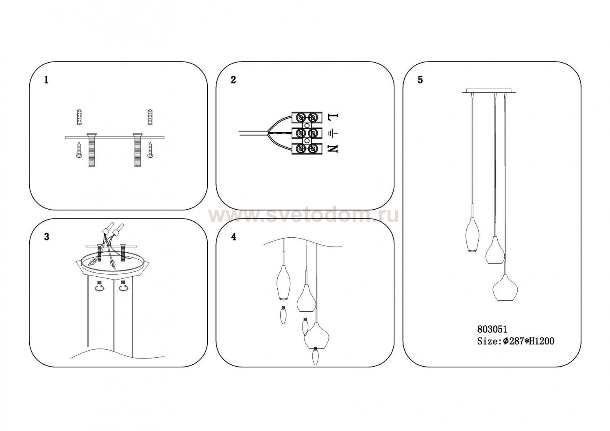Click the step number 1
[x=46, y=80]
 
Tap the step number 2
[x=233, y=80]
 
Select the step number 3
[x=47, y=237]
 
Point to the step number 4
[x=233, y=237]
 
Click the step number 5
[x=420, y=80]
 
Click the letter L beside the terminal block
[x=333, y=116]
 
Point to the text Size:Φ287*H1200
[x=516, y=341]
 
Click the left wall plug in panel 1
[x=79, y=118]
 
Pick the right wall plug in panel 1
[x=150, y=118]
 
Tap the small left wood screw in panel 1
[x=78, y=150]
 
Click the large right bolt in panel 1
[x=137, y=150]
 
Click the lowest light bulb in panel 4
[x=316, y=356]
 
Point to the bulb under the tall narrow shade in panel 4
[x=283, y=315]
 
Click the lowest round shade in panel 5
[x=505, y=287]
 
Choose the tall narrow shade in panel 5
[x=471, y=234]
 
